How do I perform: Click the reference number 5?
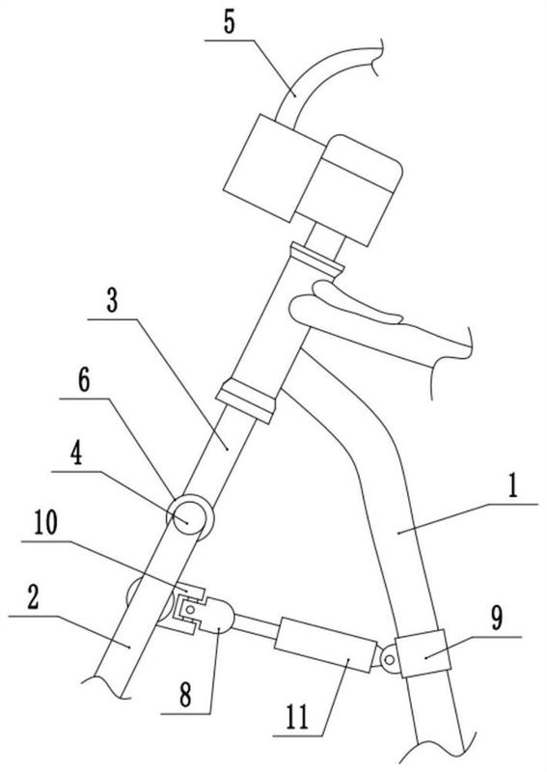[229, 22]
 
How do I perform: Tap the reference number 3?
[112, 300]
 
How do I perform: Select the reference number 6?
[84, 380]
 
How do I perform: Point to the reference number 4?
[76, 454]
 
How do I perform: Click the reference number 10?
[45, 523]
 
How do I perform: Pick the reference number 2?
[33, 597]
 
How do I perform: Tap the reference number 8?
[185, 695]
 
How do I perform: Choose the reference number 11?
[297, 717]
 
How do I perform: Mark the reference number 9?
[497, 618]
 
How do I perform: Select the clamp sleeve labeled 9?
[423, 653]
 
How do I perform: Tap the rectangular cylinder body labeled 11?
[325, 644]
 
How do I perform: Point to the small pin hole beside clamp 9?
[390, 659]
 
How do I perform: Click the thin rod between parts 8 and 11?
[255, 625]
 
